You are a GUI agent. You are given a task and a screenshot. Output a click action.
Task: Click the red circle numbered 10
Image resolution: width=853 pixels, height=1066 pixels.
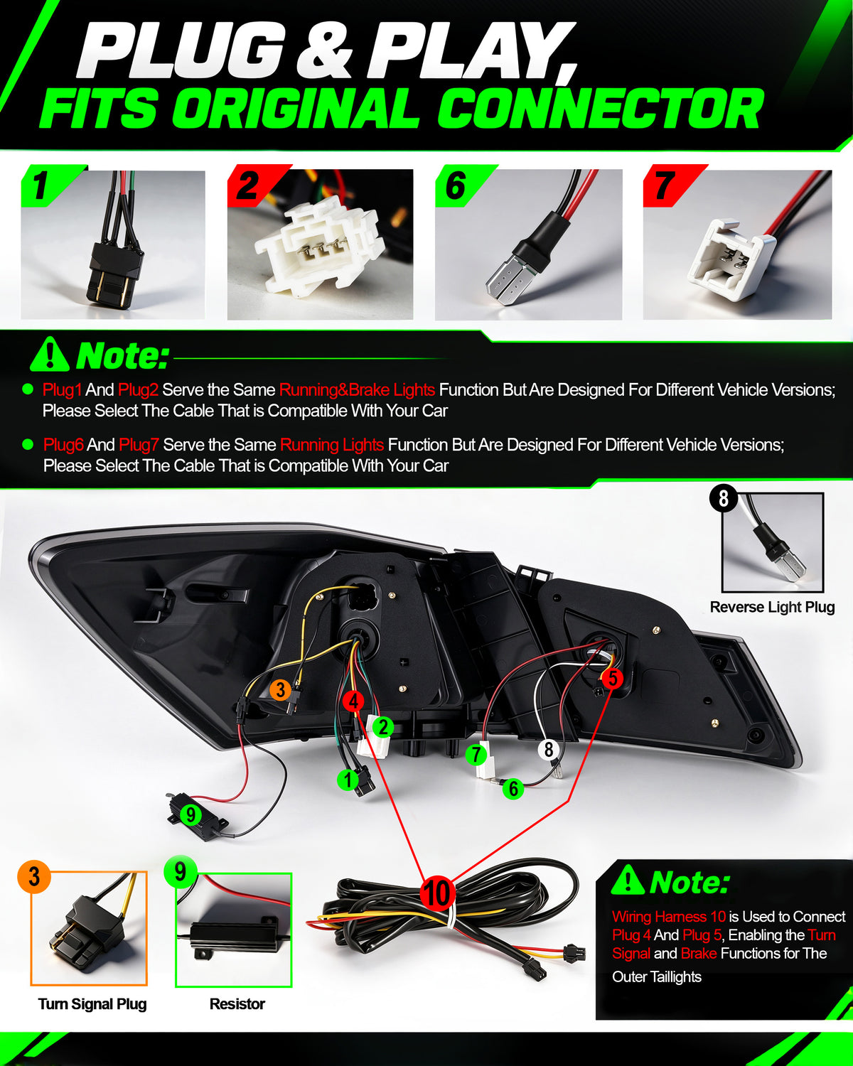tap(437, 893)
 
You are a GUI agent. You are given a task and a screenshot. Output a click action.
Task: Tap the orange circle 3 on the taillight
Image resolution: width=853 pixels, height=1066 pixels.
tap(281, 689)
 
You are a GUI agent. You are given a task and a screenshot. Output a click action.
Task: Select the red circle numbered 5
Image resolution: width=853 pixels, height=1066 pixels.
tap(613, 678)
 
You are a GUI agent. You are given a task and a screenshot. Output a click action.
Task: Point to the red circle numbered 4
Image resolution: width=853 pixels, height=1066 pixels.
tap(353, 701)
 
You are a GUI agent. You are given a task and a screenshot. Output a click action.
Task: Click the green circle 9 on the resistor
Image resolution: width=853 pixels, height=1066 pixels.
tap(191, 814)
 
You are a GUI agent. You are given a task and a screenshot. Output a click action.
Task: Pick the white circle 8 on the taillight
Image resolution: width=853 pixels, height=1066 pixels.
tap(549, 750)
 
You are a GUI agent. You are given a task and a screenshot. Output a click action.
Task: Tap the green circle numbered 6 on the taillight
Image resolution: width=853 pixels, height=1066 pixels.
tap(513, 788)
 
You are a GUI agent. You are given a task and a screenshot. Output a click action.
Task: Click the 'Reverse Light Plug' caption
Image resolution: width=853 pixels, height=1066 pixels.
tap(772, 607)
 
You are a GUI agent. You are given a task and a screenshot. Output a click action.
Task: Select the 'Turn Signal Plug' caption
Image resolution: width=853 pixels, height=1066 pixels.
tap(92, 1004)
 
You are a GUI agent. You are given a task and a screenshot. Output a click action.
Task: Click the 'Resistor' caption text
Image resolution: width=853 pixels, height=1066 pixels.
tap(237, 1004)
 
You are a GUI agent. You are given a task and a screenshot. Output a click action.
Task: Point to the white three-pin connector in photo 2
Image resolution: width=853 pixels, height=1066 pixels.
tap(320, 246)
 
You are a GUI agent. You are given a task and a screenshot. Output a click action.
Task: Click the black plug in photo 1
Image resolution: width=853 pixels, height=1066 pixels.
tap(115, 271)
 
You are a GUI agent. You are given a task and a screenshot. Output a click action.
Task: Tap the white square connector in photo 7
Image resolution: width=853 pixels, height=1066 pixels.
tap(731, 259)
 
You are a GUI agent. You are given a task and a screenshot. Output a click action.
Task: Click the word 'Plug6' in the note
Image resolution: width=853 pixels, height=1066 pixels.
tap(63, 445)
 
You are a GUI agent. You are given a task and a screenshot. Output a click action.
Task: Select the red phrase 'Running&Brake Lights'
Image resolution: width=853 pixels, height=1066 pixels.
tap(357, 390)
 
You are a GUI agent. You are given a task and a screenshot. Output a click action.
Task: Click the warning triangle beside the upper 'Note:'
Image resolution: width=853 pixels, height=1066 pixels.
tap(50, 355)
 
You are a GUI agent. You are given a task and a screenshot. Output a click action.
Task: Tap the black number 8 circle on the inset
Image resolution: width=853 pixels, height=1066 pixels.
tap(724, 498)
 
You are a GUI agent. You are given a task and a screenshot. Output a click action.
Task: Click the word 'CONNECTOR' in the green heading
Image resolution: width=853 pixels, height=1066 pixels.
tap(600, 108)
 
